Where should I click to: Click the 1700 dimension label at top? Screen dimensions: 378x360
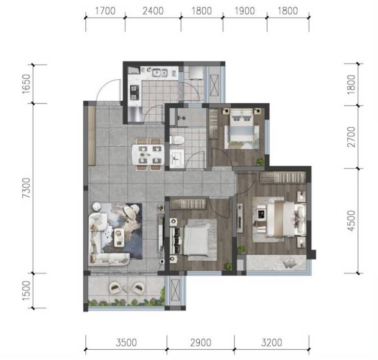coord(105,11)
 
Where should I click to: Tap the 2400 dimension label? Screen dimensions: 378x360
coord(153,11)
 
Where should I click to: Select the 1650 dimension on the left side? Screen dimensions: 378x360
coord(27,84)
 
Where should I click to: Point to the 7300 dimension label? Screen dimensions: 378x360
coord(27,188)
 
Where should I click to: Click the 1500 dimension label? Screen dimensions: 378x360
coord(27,291)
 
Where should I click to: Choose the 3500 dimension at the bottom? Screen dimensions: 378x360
coord(126,343)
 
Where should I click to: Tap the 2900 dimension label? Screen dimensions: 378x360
coord(201,343)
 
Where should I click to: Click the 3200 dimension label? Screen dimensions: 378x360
coord(272,343)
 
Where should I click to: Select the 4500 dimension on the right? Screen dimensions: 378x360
coord(352,220)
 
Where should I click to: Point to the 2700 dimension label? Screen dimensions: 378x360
coord(352,137)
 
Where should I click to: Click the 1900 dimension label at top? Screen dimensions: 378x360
coord(245,11)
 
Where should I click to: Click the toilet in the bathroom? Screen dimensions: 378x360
coord(177,140)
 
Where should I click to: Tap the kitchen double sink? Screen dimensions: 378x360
coord(159,73)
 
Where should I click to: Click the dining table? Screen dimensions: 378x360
coord(148,154)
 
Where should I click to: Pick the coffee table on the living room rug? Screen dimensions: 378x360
coord(119,237)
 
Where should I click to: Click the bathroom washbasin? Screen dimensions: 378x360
coord(177,159)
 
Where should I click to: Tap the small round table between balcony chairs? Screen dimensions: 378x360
coord(126,288)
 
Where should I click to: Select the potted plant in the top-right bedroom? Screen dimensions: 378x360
coord(260,162)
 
